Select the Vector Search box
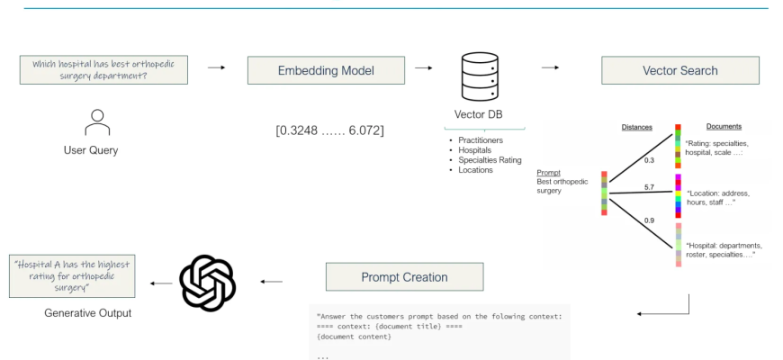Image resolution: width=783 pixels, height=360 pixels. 680,70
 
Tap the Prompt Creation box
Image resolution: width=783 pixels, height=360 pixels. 404,276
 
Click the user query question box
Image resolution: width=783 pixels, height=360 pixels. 103,69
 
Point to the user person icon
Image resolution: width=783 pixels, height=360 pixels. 96,121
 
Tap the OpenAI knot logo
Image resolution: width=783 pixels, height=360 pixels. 208,283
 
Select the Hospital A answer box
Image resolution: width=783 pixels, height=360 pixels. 73,276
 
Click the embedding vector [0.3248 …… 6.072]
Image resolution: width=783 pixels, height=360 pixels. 330,130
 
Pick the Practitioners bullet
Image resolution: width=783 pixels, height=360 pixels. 481,141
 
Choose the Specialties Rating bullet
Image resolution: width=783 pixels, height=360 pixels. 490,160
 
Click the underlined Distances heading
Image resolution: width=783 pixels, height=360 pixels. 637,127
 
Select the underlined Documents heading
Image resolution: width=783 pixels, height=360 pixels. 724,127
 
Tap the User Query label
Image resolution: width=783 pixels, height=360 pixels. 91,150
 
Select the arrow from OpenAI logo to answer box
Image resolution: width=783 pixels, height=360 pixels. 162,283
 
